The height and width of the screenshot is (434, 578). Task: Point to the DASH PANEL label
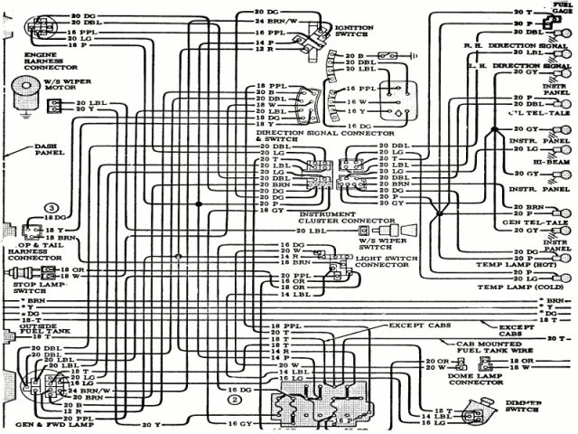(x=46, y=149)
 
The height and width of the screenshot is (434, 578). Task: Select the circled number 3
(x=52, y=209)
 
